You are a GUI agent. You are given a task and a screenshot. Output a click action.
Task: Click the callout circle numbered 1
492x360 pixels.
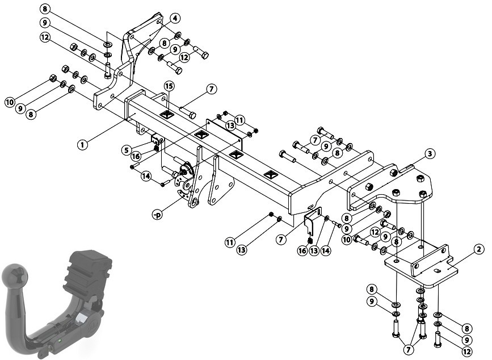tap(82, 145)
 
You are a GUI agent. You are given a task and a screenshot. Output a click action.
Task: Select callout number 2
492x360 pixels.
tap(478, 250)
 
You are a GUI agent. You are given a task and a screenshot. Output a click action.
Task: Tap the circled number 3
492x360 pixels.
tap(430, 154)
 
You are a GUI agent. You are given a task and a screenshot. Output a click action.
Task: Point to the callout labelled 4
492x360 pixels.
tap(175, 18)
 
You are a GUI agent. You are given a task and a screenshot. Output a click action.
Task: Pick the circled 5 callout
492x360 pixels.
tap(127, 150)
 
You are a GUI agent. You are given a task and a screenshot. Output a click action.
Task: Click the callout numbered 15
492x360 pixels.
tap(169, 86)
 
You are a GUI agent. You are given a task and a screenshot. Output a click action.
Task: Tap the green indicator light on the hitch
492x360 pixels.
tap(59, 341)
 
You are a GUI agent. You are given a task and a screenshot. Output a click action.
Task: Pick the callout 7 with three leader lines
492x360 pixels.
tap(408, 349)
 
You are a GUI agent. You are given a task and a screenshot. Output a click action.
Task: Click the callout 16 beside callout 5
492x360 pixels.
tap(136, 156)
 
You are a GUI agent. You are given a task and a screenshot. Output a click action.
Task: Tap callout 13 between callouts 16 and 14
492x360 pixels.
tap(314, 250)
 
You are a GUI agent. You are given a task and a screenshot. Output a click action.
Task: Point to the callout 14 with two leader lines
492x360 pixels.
tap(146, 176)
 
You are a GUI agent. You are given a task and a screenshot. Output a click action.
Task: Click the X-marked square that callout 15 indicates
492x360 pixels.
tap(167, 115)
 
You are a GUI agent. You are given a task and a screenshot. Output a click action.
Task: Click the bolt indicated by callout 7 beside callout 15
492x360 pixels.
tap(188, 112)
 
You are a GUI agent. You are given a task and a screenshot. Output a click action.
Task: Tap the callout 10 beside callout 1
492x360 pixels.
tap(10, 102)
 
